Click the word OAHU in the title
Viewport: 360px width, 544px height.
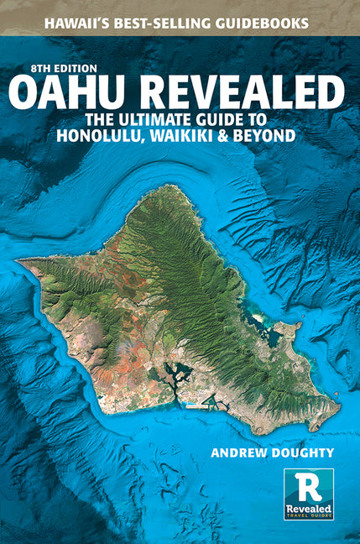point(79,92)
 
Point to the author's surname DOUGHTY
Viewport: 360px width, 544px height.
point(301,454)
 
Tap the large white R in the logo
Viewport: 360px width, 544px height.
point(307,484)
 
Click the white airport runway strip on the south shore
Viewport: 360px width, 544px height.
point(195,406)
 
